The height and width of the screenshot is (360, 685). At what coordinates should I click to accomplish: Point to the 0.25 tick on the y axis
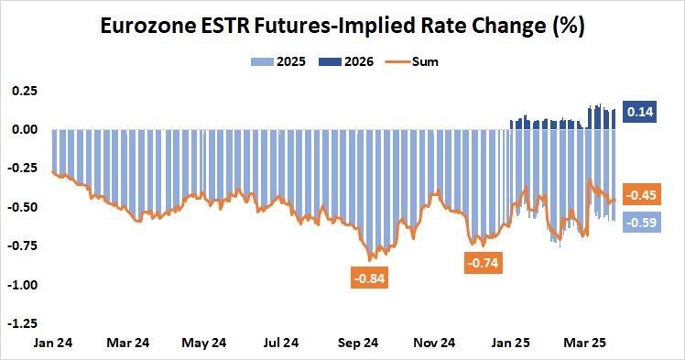pyautogui.click(x=24, y=91)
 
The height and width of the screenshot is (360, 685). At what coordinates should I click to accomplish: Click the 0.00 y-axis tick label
pyautogui.click(x=24, y=129)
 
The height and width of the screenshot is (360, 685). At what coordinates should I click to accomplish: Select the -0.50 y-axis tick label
pyautogui.click(x=22, y=207)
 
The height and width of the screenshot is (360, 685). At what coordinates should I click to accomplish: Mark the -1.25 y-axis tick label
pyautogui.click(x=22, y=323)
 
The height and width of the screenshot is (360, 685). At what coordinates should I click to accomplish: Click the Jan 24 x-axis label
pyautogui.click(x=51, y=343)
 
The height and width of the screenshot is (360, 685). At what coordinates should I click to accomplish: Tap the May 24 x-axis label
pyautogui.click(x=205, y=343)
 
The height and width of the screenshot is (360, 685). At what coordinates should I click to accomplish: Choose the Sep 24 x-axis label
pyautogui.click(x=359, y=343)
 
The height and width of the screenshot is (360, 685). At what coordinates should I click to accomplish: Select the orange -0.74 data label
pyautogui.click(x=484, y=263)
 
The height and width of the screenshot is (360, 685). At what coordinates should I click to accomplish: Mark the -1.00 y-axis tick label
pyautogui.click(x=22, y=285)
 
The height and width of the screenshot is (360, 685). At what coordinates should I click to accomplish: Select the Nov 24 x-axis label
pyautogui.click(x=435, y=343)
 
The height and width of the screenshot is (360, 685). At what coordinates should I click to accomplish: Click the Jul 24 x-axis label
pyautogui.click(x=281, y=343)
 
